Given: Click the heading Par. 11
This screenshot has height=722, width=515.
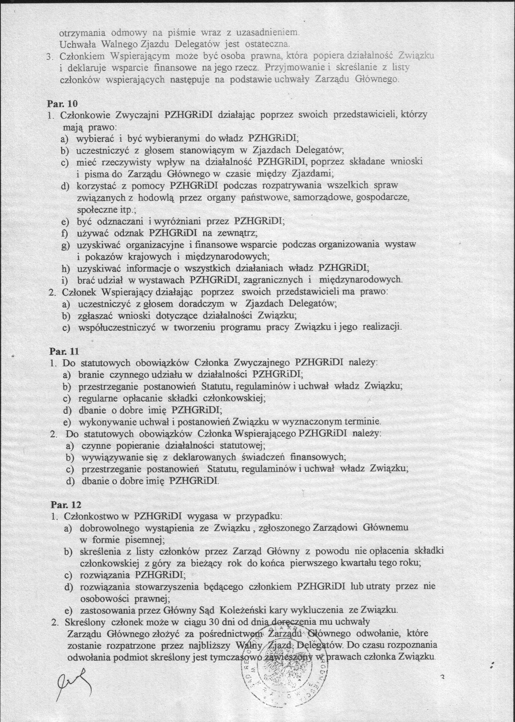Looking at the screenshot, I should click(x=64, y=351).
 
